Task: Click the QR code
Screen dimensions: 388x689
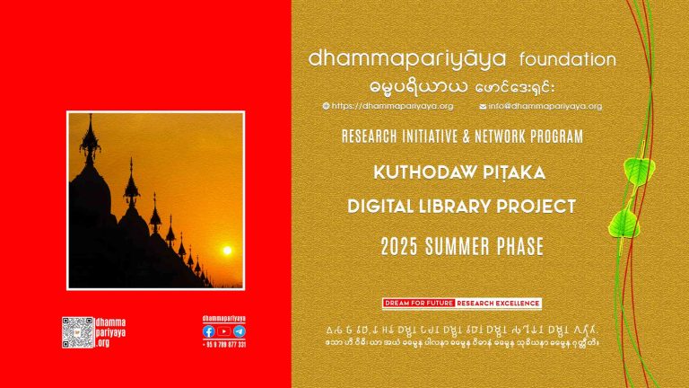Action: tap(78, 332)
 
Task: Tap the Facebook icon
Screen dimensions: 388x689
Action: tap(209, 331)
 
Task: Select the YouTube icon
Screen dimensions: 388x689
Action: tap(223, 331)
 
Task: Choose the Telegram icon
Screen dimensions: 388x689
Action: tap(239, 331)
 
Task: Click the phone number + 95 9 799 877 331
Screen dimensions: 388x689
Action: tap(224, 344)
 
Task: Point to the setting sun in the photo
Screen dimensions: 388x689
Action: tap(226, 251)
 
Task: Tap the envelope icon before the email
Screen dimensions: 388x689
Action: tap(483, 106)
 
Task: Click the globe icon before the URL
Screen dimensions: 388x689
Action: tap(326, 106)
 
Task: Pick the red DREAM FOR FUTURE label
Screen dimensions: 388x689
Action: tap(418, 303)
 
